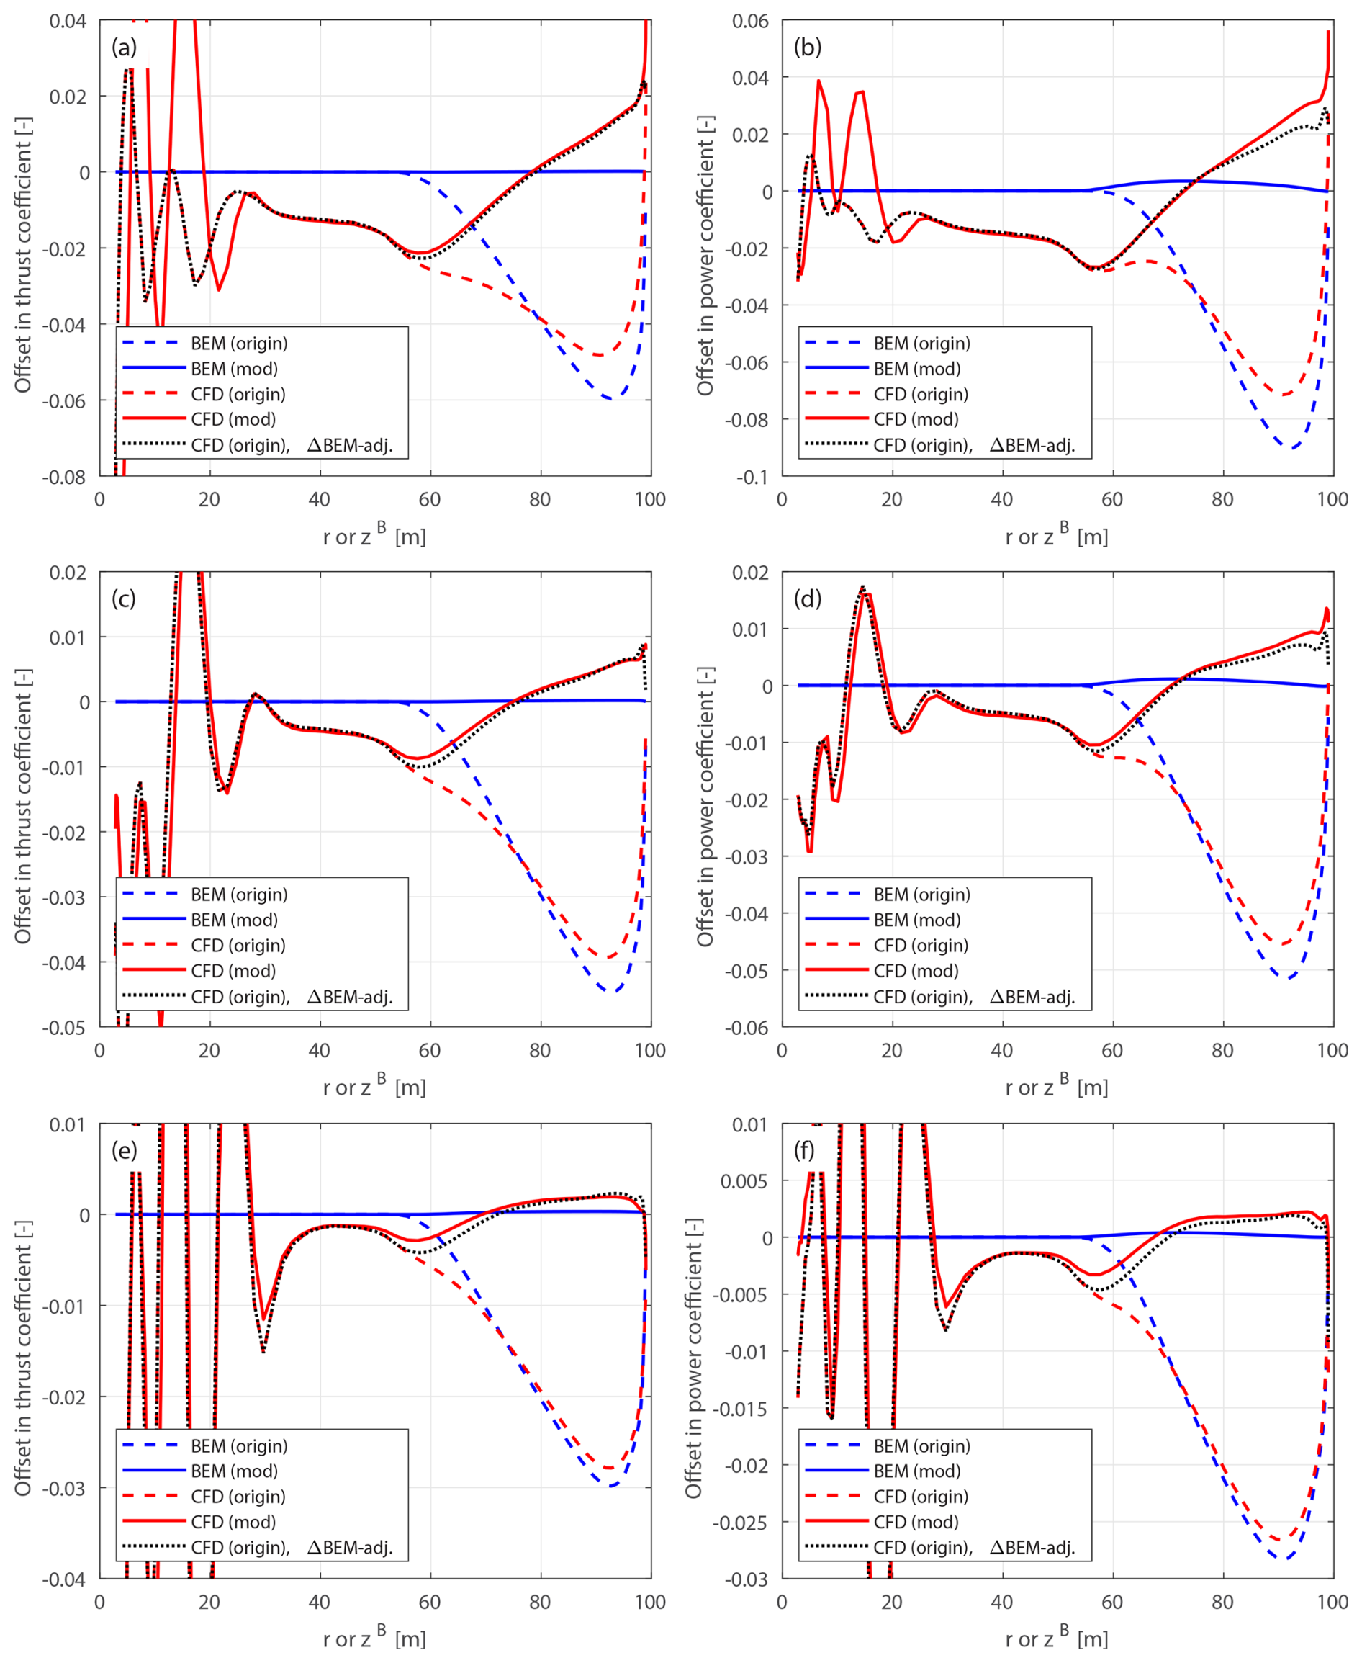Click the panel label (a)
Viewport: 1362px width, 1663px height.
point(124,48)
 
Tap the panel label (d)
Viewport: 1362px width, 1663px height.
point(807,599)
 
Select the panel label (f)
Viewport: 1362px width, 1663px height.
point(805,1149)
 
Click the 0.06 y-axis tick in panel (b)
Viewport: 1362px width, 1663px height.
point(750,21)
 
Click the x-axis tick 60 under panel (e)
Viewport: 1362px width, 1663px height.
point(429,1603)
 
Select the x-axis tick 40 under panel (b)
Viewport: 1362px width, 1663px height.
point(1002,500)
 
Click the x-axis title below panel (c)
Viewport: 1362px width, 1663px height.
point(374,1088)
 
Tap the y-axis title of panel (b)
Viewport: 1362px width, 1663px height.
point(705,255)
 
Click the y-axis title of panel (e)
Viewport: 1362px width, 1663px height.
point(23,1358)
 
